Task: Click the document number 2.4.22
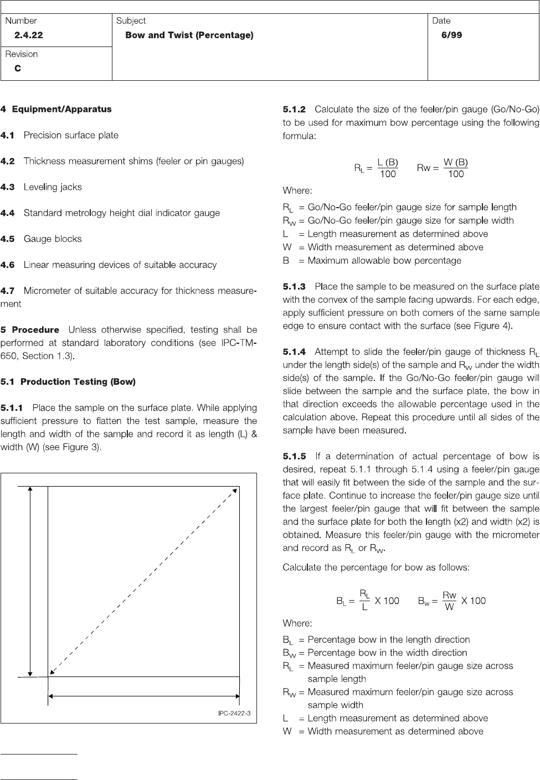click(28, 35)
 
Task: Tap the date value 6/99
click(451, 35)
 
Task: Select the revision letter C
click(18, 69)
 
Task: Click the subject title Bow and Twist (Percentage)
click(189, 35)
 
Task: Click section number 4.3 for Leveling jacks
click(8, 187)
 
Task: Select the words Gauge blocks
click(53, 239)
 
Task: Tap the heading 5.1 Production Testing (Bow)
click(68, 382)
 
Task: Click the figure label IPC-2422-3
click(234, 713)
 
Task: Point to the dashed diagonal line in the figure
click(144, 581)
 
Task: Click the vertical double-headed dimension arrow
click(30, 581)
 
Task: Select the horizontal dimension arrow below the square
click(144, 697)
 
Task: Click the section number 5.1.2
click(294, 110)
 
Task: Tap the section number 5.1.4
click(294, 352)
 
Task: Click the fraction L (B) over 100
click(388, 168)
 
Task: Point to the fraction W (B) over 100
click(456, 168)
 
